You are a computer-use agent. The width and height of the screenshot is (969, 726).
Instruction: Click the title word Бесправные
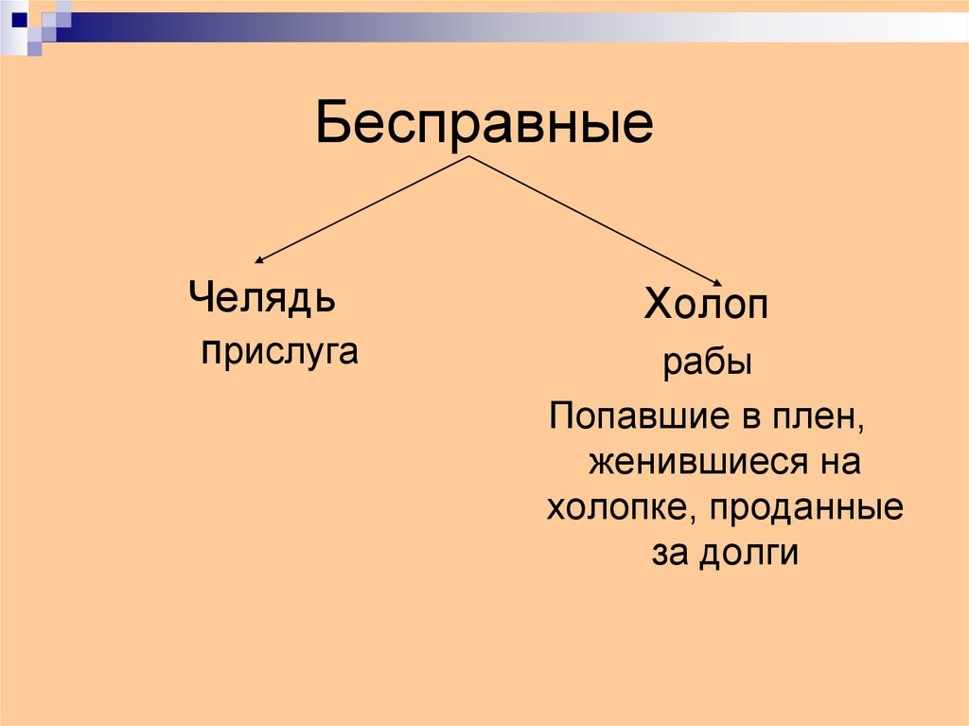click(x=484, y=124)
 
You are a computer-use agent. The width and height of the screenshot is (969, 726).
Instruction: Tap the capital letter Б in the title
click(x=335, y=124)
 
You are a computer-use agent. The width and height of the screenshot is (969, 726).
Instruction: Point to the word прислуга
click(x=280, y=351)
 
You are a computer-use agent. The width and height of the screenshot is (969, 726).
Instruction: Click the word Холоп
click(x=706, y=307)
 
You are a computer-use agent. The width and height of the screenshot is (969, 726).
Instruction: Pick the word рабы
click(x=707, y=363)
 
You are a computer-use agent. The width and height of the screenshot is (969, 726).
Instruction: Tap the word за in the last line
click(x=669, y=552)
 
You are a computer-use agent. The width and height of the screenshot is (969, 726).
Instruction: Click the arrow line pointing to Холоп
click(x=596, y=220)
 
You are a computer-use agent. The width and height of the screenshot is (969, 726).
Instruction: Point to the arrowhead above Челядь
click(x=259, y=260)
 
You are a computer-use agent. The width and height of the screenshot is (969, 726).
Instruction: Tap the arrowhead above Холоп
click(x=721, y=282)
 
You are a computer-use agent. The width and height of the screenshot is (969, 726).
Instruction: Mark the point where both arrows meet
click(x=470, y=156)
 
